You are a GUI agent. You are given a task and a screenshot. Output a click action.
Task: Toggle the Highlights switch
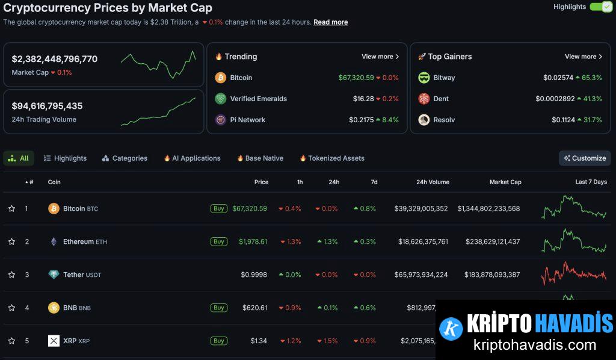600,7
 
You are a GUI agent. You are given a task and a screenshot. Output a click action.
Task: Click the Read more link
330,22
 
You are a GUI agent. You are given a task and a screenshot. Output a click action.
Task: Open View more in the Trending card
380,57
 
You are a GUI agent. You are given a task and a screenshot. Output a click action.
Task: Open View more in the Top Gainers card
584,57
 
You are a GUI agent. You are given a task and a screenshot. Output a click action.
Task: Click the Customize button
584,158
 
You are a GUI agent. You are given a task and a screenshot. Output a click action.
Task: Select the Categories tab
125,158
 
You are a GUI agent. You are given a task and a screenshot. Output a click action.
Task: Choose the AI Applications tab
192,158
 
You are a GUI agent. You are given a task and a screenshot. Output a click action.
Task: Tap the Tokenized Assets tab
332,158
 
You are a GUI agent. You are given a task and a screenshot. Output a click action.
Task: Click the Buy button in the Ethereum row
218,241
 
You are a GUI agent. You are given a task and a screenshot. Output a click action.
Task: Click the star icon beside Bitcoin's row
11,209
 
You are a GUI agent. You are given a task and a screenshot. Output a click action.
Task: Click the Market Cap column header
505,182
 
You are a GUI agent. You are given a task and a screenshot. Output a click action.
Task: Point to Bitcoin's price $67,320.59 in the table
249,209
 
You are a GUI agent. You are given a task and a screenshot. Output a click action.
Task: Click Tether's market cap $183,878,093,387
491,275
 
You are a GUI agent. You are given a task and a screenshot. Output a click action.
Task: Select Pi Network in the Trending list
247,120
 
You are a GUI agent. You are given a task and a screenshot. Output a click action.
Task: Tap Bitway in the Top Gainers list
444,78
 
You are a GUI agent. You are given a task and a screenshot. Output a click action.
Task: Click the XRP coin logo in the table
54,341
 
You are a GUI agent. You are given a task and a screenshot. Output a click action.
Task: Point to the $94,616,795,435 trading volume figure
47,106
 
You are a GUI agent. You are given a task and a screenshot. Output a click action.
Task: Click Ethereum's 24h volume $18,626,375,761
422,241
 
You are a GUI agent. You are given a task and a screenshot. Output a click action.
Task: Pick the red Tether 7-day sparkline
574,274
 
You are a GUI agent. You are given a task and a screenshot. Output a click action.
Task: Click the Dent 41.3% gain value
589,99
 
